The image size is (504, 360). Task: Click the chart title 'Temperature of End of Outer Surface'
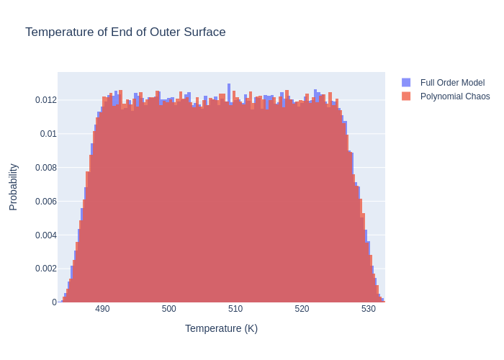coord(125,32)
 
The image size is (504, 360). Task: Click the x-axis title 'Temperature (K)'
coord(221,328)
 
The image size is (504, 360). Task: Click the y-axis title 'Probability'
coord(13,186)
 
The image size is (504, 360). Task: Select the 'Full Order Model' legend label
coord(452,83)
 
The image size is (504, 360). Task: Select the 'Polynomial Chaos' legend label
coord(455,96)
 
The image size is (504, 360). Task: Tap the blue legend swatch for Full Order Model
coord(406,83)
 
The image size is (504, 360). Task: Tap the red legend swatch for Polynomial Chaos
coord(406,96)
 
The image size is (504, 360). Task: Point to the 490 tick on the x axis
coord(102,309)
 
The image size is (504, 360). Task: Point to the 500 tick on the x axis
coord(169,309)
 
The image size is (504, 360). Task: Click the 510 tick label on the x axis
coord(235,309)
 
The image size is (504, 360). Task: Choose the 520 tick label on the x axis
coord(302,309)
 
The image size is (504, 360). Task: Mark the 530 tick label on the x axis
coord(369,309)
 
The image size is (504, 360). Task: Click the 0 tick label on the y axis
coord(53,302)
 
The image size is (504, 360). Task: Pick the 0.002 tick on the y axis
coord(45,269)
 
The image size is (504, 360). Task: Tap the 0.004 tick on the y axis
coord(45,235)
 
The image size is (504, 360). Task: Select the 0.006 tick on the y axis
coord(45,201)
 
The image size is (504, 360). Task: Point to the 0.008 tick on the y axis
coord(45,168)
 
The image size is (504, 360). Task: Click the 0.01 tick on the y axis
coord(48,134)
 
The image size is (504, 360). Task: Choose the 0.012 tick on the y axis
coord(45,100)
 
